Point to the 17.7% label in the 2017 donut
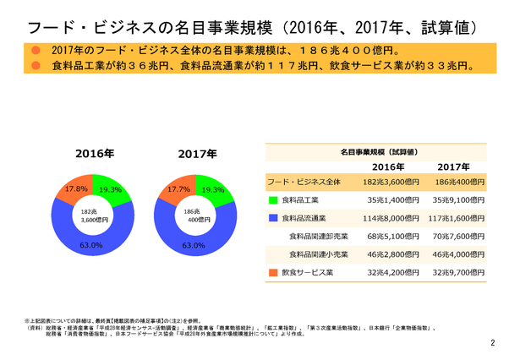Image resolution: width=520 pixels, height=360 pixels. (178, 190)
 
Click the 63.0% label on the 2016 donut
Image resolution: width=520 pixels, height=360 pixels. (90, 246)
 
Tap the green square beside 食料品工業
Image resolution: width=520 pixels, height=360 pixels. (273, 200)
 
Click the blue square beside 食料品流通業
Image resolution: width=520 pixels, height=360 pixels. (273, 218)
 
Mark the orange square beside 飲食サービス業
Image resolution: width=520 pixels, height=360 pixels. (273, 273)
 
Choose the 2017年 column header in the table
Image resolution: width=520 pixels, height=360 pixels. (454, 166)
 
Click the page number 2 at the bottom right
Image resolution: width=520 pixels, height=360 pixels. (494, 343)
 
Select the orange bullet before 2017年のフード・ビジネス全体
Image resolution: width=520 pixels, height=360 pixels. (36, 51)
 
